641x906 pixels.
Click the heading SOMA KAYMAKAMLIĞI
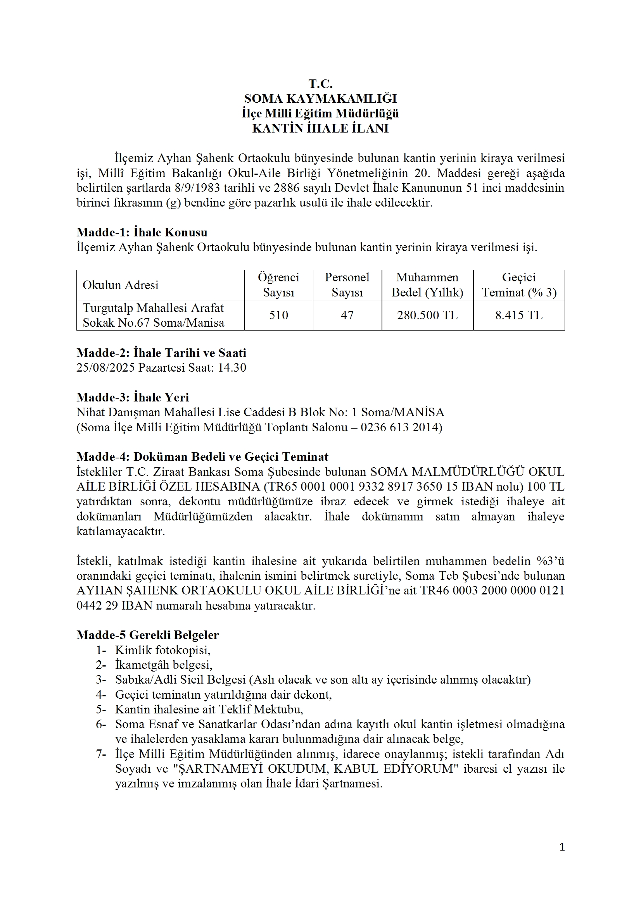click(x=320, y=99)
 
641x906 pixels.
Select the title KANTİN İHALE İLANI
click(x=320, y=129)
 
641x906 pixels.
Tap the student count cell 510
click(x=278, y=315)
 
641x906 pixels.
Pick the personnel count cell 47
click(x=347, y=315)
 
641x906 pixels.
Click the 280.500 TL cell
click(x=427, y=315)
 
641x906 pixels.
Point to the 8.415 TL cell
click(x=519, y=315)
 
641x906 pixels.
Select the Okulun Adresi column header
click(x=121, y=285)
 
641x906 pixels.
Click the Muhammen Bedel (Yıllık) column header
click(x=427, y=285)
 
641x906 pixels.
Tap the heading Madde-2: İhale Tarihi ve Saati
click(x=161, y=353)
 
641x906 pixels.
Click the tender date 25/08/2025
click(x=106, y=368)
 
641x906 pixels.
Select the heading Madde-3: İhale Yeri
click(x=133, y=397)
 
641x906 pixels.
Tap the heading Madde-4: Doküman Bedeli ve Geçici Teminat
click(x=202, y=457)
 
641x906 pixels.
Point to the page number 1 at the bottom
click(x=562, y=847)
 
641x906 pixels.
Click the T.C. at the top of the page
click(x=320, y=84)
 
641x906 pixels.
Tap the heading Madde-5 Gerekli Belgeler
click(x=148, y=635)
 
